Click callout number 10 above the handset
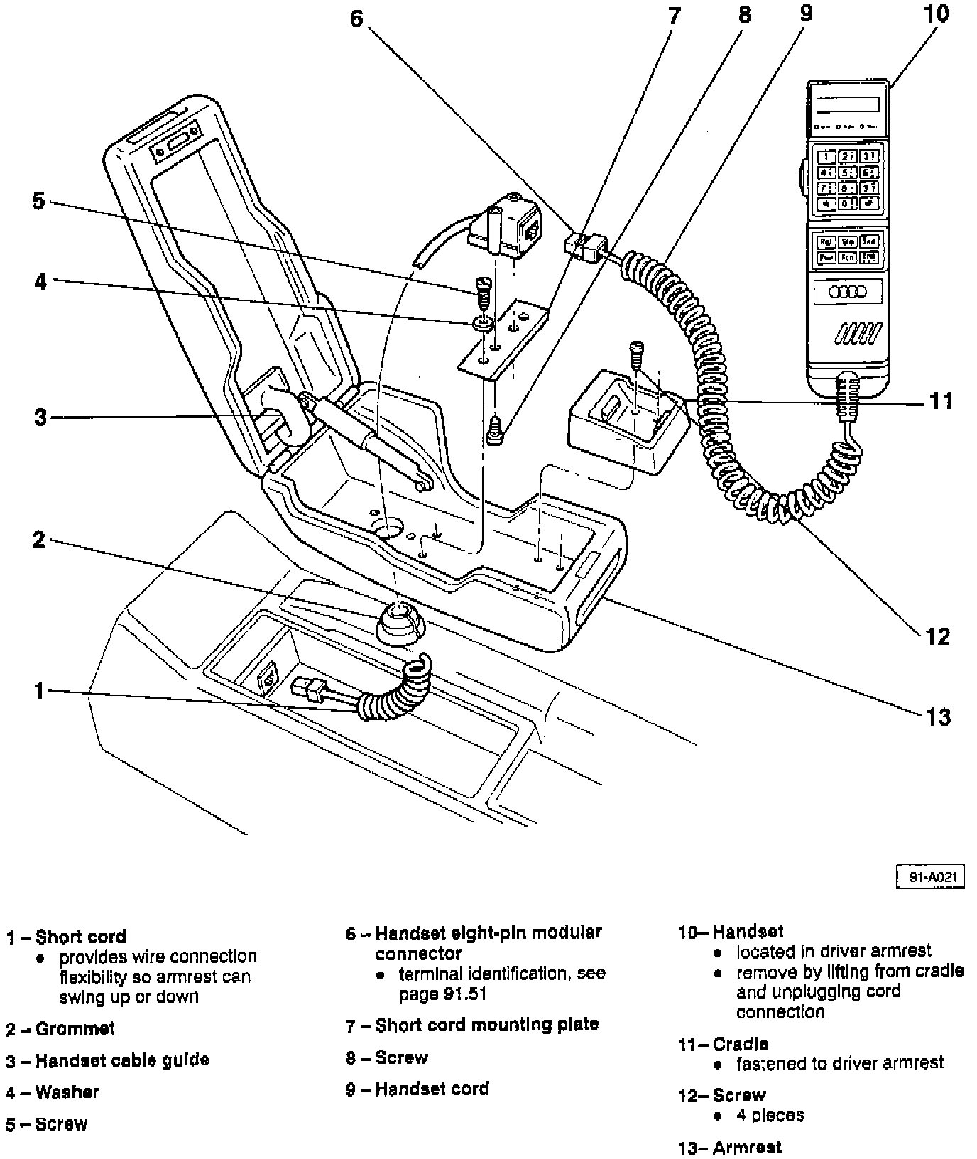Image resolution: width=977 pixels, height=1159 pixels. point(937,14)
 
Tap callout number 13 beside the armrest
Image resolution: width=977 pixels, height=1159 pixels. point(938,717)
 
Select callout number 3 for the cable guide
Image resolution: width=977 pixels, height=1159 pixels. point(40,417)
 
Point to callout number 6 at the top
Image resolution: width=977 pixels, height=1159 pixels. point(356,19)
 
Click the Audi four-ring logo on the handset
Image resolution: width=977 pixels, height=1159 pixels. point(847,292)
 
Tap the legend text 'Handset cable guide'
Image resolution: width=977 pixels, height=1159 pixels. point(122,1061)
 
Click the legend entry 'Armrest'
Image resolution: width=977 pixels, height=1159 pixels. point(747,1148)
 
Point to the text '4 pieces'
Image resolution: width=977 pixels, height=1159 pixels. point(770,1115)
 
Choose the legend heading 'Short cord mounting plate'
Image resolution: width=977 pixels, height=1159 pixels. point(486,1025)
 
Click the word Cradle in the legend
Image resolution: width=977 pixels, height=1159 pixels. point(741,1044)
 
